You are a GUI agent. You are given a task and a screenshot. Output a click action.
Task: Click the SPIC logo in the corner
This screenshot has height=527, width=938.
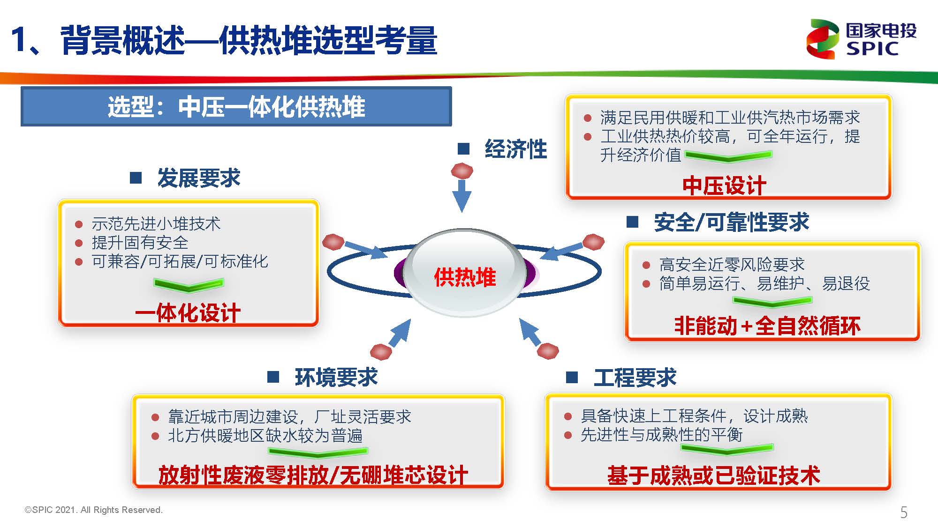(x=861, y=39)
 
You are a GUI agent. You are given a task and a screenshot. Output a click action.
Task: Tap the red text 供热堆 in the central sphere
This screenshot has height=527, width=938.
(x=465, y=277)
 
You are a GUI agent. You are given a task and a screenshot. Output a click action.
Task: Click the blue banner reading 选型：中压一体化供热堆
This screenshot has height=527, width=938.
(x=236, y=106)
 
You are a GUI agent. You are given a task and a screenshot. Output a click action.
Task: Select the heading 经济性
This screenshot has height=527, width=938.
(x=515, y=149)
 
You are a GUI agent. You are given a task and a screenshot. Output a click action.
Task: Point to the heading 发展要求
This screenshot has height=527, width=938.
(x=198, y=178)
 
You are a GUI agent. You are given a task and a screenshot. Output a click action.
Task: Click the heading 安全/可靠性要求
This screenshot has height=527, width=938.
(x=731, y=222)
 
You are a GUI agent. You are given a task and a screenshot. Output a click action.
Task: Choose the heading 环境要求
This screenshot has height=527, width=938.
(x=336, y=377)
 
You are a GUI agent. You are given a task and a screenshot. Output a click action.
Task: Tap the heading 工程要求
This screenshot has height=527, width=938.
(x=635, y=378)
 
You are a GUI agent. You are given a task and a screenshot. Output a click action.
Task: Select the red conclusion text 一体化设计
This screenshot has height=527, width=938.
(x=188, y=313)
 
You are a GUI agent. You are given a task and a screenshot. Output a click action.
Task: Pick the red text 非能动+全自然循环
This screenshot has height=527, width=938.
(x=767, y=326)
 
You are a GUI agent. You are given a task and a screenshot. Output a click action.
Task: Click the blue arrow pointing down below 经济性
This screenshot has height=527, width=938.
(x=461, y=196)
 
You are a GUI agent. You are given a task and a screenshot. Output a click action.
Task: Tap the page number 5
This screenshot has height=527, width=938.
(x=904, y=512)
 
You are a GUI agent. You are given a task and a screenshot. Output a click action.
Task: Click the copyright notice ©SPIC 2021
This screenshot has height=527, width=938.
(x=93, y=510)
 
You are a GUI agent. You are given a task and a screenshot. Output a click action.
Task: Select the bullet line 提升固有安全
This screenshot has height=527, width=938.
(x=140, y=243)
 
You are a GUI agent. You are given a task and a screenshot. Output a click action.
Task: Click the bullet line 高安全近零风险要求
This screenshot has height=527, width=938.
(x=732, y=265)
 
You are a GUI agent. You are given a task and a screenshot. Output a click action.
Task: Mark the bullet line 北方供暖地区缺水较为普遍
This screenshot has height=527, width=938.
(x=265, y=436)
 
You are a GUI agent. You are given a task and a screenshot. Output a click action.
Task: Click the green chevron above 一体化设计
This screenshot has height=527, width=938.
(x=189, y=285)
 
